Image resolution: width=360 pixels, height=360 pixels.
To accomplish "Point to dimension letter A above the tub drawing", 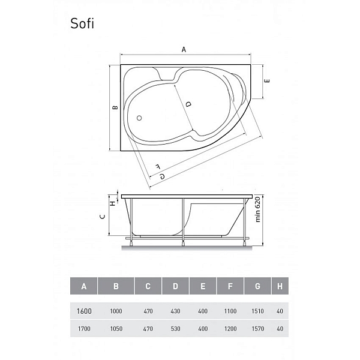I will [x=183, y=51].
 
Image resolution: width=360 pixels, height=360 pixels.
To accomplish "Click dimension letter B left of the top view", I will [x=114, y=108].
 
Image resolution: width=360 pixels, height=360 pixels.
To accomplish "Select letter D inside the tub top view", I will [x=188, y=104].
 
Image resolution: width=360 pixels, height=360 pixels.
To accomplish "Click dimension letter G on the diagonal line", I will [x=162, y=175].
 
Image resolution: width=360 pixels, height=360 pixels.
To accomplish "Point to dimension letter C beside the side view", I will [x=103, y=217].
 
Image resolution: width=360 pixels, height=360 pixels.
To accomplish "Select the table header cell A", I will [x=83, y=286].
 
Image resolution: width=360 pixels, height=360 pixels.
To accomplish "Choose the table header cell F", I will [x=229, y=286].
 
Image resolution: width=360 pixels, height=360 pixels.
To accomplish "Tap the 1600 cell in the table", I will [x=83, y=311].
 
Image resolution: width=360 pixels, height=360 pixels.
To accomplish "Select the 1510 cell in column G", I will [x=257, y=311].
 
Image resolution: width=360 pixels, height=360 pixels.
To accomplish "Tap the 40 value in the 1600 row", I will [x=280, y=311].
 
